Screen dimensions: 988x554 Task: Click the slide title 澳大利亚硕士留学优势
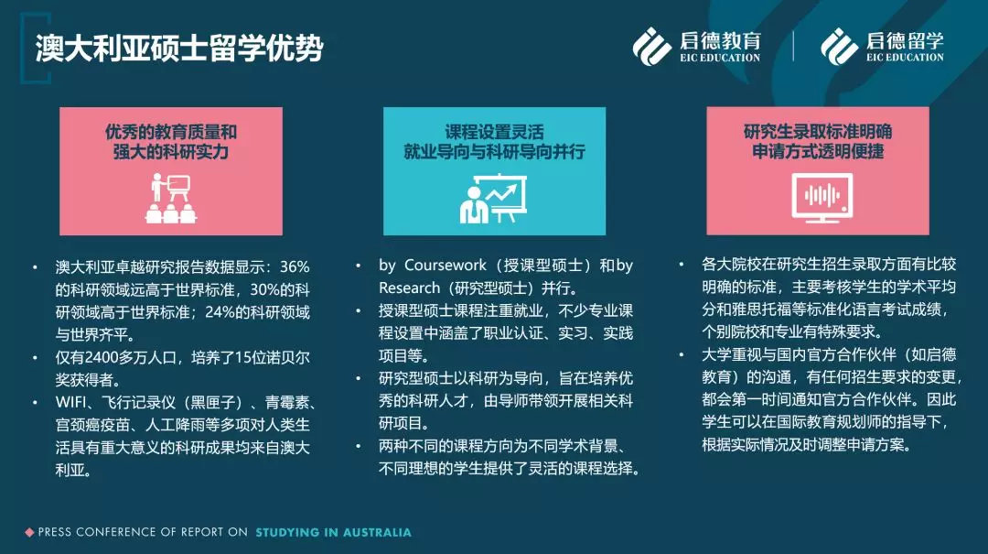179,48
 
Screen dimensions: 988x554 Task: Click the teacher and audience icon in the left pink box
171,198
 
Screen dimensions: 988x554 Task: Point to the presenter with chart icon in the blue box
493,198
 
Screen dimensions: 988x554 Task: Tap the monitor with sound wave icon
822,198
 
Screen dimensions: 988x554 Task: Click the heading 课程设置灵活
494,132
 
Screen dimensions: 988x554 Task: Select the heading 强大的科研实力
171,151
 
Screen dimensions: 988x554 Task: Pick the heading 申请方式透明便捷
818,151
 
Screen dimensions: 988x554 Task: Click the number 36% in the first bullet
295,266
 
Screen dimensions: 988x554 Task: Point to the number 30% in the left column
264,289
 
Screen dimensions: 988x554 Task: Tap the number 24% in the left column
220,312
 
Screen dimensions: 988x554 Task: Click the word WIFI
70,403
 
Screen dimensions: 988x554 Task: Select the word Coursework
445,265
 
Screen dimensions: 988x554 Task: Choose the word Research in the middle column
410,288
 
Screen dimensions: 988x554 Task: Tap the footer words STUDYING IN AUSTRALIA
333,533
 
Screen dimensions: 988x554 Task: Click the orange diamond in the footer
29,533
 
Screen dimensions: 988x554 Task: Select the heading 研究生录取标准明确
818,131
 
